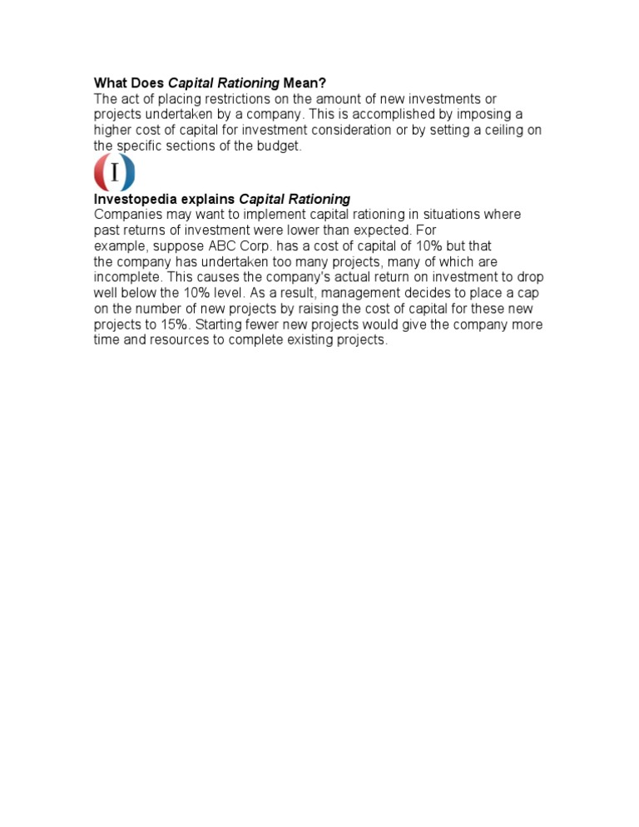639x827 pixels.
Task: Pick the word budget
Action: (278, 146)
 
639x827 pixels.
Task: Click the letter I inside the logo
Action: (114, 173)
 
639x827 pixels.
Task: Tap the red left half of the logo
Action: (101, 173)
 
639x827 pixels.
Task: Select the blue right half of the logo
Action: (127, 173)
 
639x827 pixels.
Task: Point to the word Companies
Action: (129, 215)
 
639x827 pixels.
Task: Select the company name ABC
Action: (220, 246)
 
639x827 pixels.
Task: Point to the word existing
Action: (312, 341)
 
